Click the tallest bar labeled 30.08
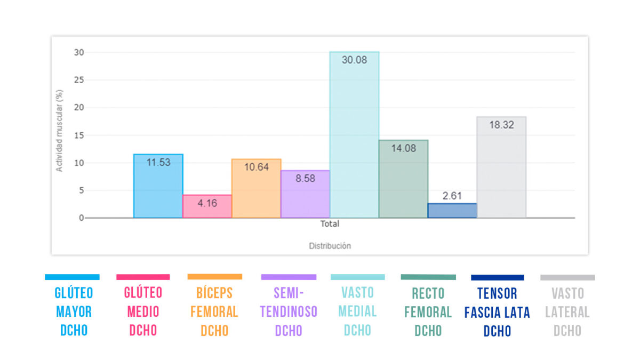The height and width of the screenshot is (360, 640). [354, 139]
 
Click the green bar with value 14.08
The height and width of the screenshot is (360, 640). [403, 181]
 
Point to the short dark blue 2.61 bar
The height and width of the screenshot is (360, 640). [452, 211]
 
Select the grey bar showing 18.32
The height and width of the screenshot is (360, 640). [501, 171]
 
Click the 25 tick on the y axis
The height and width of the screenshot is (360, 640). [79, 80]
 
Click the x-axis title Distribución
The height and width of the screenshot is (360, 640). [330, 246]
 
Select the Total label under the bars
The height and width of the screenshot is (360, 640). [330, 224]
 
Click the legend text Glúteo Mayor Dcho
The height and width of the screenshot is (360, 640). [74, 311]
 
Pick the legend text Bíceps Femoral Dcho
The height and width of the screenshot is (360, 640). [214, 311]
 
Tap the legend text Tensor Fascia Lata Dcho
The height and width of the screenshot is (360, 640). [497, 312]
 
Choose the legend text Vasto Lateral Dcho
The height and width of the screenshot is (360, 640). [567, 312]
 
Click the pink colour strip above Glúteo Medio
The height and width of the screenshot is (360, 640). [143, 277]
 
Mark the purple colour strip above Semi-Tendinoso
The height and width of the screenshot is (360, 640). [289, 277]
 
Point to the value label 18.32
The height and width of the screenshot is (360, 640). [501, 125]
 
